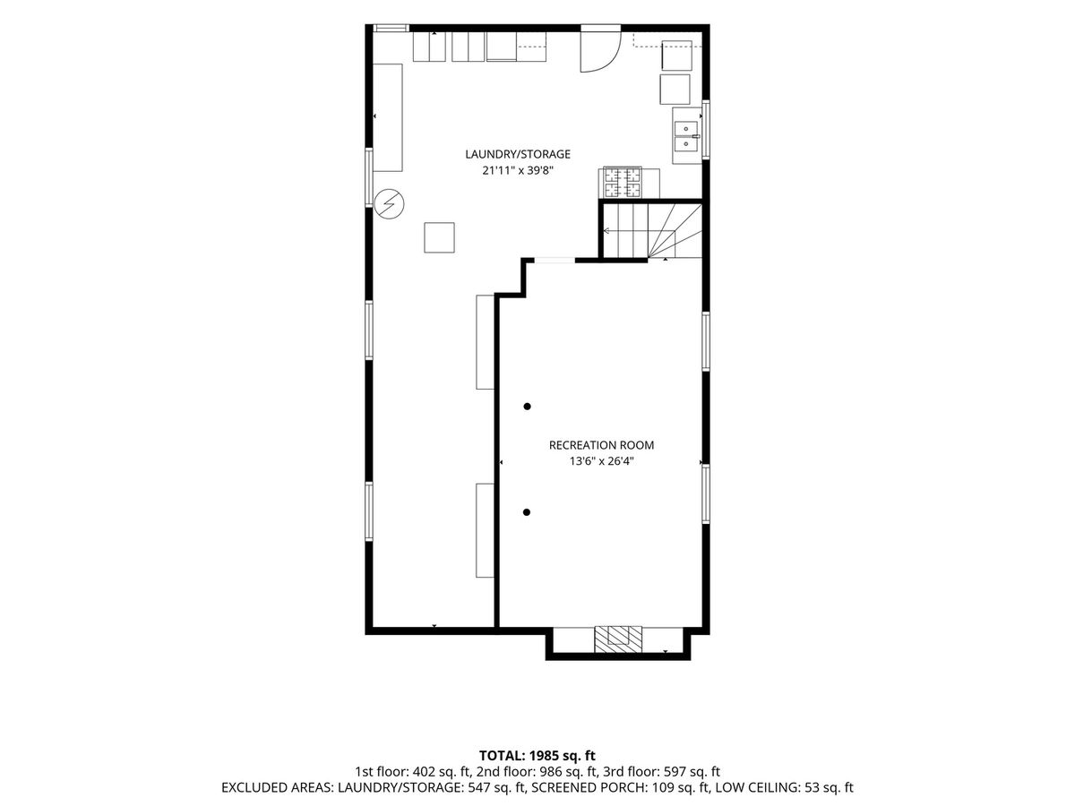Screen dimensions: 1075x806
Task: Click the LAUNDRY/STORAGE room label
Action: pos(518,154)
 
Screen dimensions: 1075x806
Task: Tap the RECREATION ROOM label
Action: pos(601,445)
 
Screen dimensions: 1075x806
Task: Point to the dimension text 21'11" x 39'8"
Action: pos(518,171)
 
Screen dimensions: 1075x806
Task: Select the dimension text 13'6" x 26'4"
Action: pos(601,461)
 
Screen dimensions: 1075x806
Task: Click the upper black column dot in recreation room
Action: pos(527,407)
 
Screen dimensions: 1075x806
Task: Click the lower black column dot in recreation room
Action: pos(527,512)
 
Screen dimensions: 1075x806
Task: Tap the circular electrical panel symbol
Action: pos(390,203)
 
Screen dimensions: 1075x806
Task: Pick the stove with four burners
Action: pos(623,182)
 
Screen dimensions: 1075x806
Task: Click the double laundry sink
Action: pos(687,136)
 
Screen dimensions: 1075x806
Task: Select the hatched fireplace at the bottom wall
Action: pos(617,639)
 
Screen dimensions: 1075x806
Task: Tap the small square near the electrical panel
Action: pos(439,238)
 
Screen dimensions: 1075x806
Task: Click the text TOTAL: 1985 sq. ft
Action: pos(537,756)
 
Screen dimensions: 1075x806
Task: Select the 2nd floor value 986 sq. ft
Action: pos(569,772)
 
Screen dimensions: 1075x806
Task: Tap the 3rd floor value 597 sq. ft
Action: pos(692,772)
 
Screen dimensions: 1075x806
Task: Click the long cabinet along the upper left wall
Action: pos(388,117)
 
